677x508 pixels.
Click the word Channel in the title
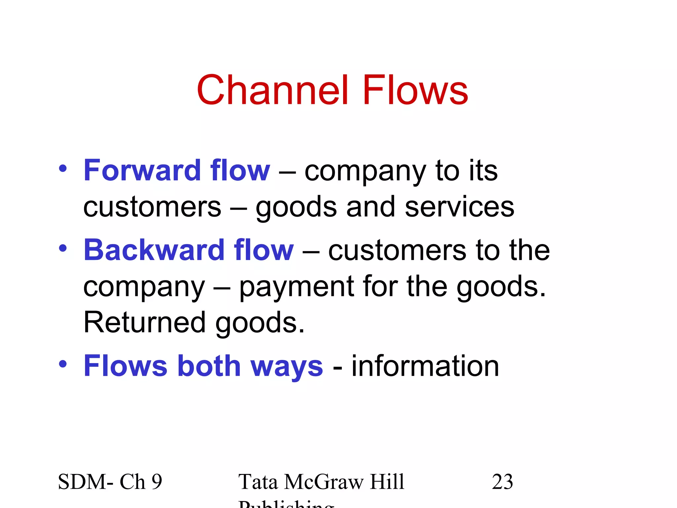pyautogui.click(x=272, y=90)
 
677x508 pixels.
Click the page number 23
pyautogui.click(x=502, y=482)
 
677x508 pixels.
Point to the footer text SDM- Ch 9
pyautogui.click(x=110, y=482)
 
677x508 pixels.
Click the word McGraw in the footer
pyautogui.click(x=323, y=482)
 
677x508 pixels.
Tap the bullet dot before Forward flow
pyautogui.click(x=62, y=169)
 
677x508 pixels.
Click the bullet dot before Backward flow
pyautogui.click(x=62, y=248)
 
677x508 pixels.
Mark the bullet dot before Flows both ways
pyautogui.click(x=62, y=364)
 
